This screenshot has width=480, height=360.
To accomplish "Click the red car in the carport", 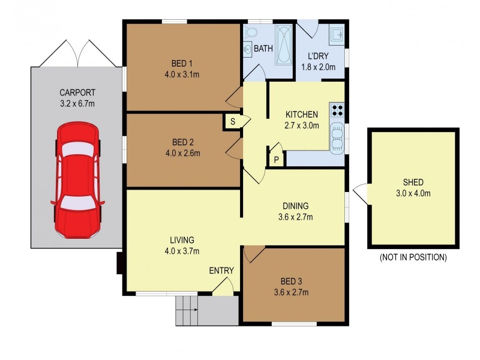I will (x=78, y=180).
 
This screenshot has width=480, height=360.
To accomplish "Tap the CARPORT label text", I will (x=77, y=93).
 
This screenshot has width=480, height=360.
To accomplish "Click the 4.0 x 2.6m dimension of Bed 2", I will (x=186, y=153).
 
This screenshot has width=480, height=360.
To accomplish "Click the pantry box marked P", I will (x=276, y=159).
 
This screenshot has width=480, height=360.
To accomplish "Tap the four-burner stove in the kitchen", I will (x=338, y=110).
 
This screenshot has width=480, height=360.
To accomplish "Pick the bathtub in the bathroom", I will (x=283, y=44).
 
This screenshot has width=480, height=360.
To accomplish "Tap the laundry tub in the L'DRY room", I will (x=337, y=35).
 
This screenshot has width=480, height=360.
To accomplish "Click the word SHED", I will (x=413, y=182).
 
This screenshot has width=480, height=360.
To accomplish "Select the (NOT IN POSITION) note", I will (x=413, y=257).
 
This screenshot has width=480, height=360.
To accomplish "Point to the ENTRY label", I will (x=221, y=271).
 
